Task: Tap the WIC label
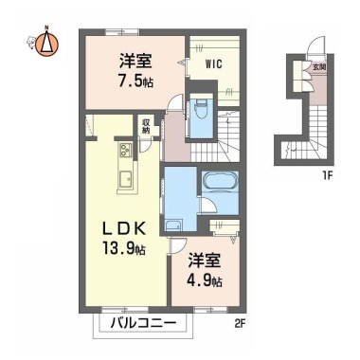(x=214, y=64)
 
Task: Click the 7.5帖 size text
(x=136, y=82)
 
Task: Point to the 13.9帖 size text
(x=124, y=248)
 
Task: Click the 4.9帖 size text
(x=206, y=280)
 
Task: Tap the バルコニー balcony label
(x=143, y=323)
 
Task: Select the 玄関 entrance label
(x=319, y=67)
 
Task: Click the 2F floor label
(x=240, y=324)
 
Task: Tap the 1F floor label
(x=327, y=175)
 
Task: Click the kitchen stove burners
(x=126, y=149)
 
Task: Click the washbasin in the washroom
(x=173, y=225)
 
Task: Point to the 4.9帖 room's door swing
(x=178, y=245)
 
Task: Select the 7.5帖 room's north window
(x=122, y=31)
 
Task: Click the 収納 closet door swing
(x=146, y=146)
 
